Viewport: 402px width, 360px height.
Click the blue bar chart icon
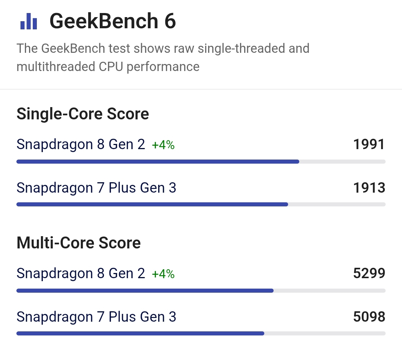[x=29, y=22]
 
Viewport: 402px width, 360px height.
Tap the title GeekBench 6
[x=112, y=22]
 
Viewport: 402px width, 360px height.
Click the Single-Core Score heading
[x=83, y=114]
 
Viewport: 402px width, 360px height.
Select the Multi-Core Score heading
[x=79, y=243]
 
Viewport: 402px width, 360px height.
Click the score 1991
[x=369, y=144]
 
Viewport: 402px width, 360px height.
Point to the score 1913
[x=369, y=188]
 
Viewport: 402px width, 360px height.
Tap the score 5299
[x=369, y=273]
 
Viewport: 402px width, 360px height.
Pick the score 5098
[x=369, y=317]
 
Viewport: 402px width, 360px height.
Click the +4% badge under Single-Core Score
[x=163, y=145]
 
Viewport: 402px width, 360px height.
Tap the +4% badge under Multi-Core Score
[x=163, y=274]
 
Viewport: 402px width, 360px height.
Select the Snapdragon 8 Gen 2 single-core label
[x=81, y=144]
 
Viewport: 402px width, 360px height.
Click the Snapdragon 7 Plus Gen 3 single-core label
[x=96, y=188]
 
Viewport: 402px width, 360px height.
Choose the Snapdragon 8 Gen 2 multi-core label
[x=81, y=273]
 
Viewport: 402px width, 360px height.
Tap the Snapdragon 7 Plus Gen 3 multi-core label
[x=96, y=317]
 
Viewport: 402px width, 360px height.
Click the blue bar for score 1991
[x=158, y=162]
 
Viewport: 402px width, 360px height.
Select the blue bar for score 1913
[x=152, y=204]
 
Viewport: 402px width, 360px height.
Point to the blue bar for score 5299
[x=145, y=290]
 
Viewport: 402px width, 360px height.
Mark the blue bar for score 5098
[x=140, y=334]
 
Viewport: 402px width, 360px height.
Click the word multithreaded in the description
[x=56, y=67]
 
